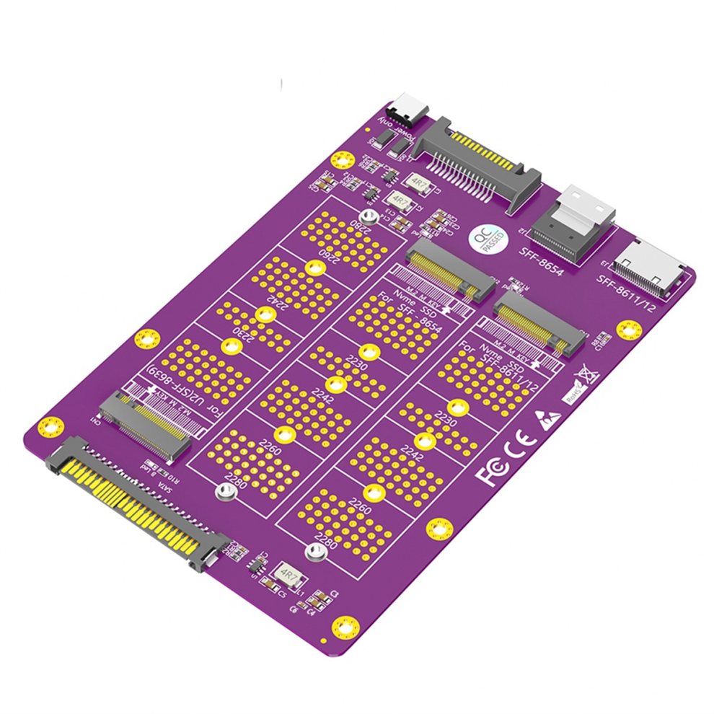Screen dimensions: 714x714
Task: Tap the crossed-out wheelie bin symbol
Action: pos(583,376)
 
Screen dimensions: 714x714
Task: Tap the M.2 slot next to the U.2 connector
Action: pos(144,426)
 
